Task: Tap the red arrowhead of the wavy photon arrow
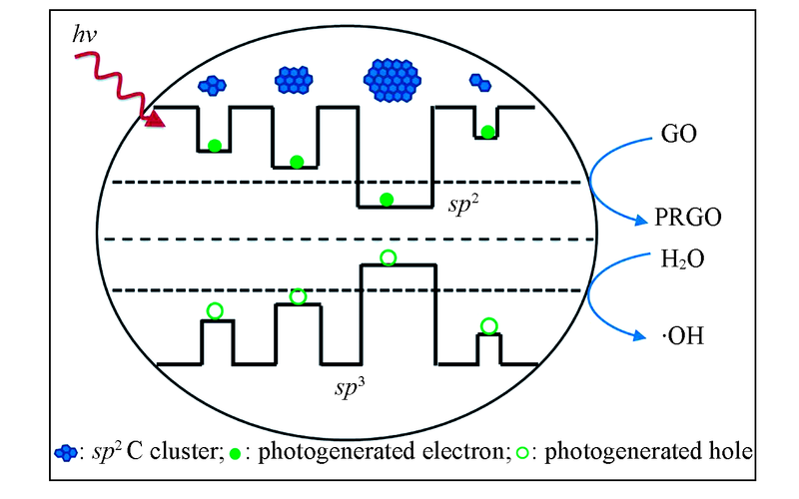click(x=155, y=121)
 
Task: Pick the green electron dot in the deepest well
click(x=387, y=200)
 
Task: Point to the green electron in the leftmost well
click(x=214, y=146)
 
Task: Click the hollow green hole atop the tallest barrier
click(x=389, y=257)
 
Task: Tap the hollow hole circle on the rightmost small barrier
click(x=488, y=325)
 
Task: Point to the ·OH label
click(x=679, y=337)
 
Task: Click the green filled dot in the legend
click(x=236, y=453)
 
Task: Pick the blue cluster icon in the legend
click(x=64, y=452)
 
